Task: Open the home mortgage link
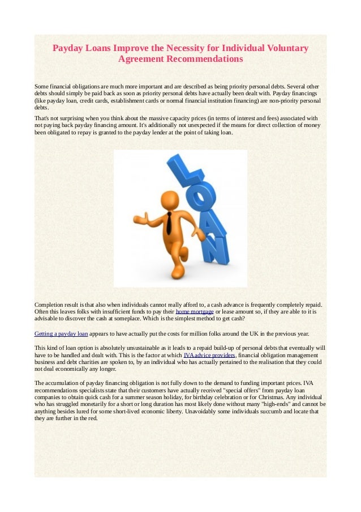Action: [195, 312]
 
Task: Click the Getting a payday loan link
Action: [61, 333]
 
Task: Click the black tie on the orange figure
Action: [169, 223]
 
